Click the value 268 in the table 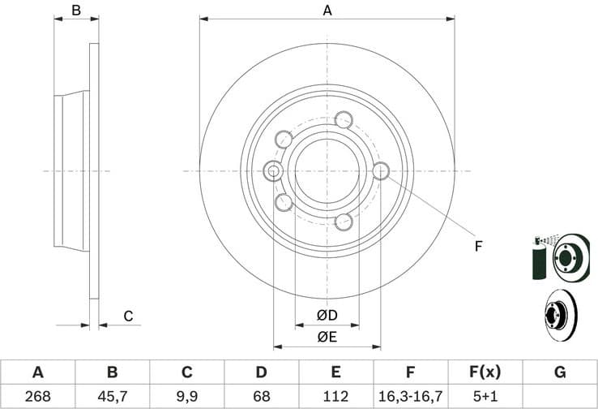click(37, 397)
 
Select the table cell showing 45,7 click(112, 397)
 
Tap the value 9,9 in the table click(186, 397)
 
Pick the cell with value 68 click(261, 397)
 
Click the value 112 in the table click(335, 397)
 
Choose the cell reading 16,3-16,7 click(410, 397)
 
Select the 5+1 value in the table click(485, 397)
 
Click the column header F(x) click(485, 372)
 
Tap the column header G click(559, 372)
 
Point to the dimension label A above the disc click(327, 11)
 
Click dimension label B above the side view click(76, 11)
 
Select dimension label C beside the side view click(127, 316)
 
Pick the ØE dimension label click(327, 336)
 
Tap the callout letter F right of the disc click(478, 246)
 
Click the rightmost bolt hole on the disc click(381, 170)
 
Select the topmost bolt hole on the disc click(344, 119)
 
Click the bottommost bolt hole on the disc click(344, 222)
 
